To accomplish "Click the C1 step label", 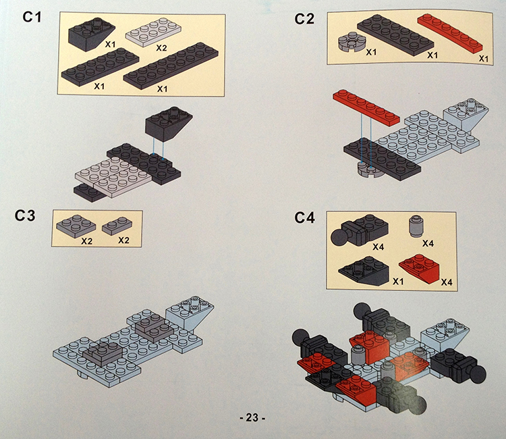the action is click(x=32, y=17).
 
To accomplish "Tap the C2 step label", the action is click(x=304, y=19).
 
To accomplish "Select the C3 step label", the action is click(x=25, y=215).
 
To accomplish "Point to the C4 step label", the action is click(x=304, y=217).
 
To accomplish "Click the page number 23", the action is click(x=252, y=417).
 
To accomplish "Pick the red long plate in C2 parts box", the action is click(x=450, y=32).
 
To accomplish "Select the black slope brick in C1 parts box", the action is click(x=92, y=33).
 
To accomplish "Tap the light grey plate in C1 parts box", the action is click(x=153, y=32).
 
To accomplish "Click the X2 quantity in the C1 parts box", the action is click(x=161, y=48).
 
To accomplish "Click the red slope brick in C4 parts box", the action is click(x=419, y=268).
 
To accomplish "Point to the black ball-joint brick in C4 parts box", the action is click(x=360, y=230).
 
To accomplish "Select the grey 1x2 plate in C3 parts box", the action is click(x=117, y=226).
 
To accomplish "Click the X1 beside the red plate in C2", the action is click(x=484, y=59).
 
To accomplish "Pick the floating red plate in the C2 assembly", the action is click(x=366, y=107).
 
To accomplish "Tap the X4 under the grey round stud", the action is click(x=428, y=243).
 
